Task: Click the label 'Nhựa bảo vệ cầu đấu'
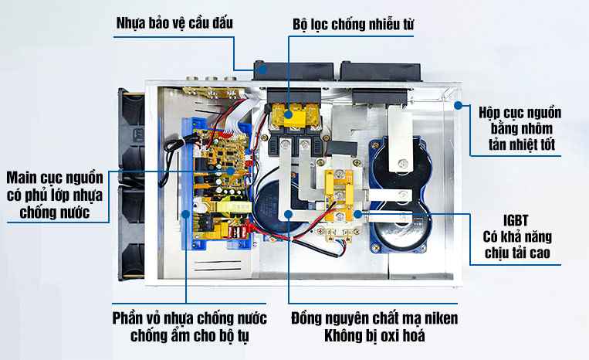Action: [174, 22]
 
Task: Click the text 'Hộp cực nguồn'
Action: [520, 111]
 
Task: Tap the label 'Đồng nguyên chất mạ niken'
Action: [374, 318]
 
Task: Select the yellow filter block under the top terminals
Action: [293, 116]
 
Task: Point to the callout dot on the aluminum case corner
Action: [457, 104]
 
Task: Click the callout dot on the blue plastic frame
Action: [186, 210]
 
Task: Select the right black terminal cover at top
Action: [382, 70]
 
